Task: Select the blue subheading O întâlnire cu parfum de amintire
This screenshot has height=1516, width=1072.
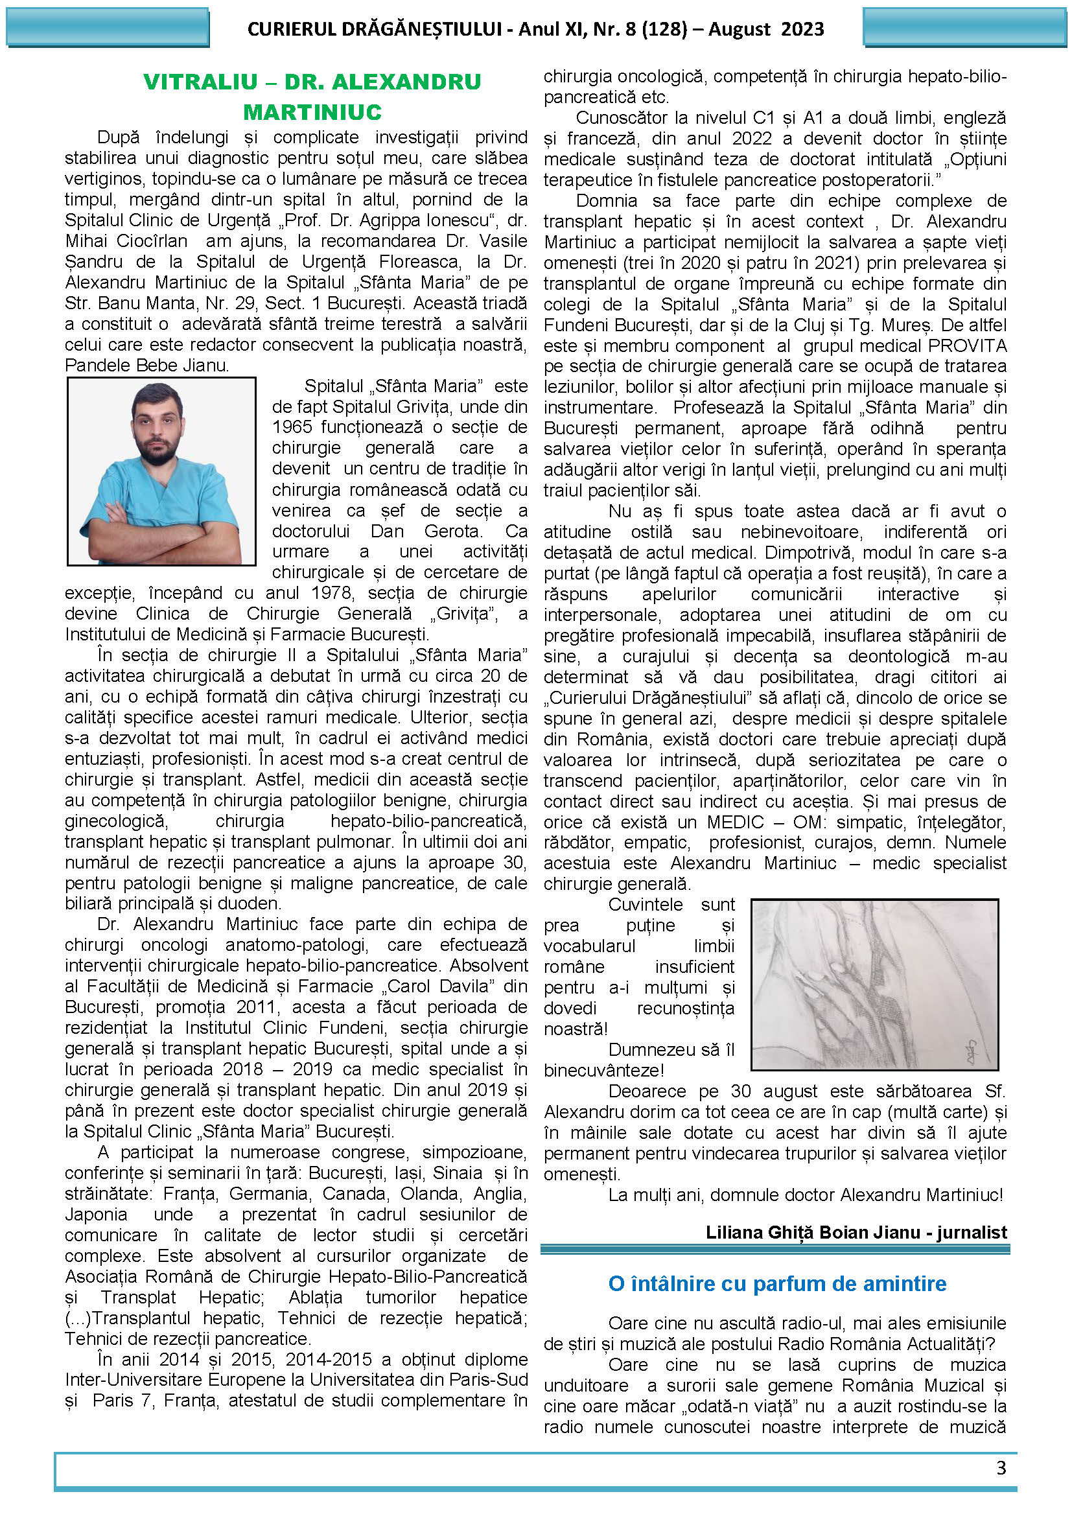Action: click(x=777, y=1283)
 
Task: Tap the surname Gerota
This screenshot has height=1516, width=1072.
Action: click(x=453, y=531)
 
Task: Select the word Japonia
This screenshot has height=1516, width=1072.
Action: click(x=97, y=1214)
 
